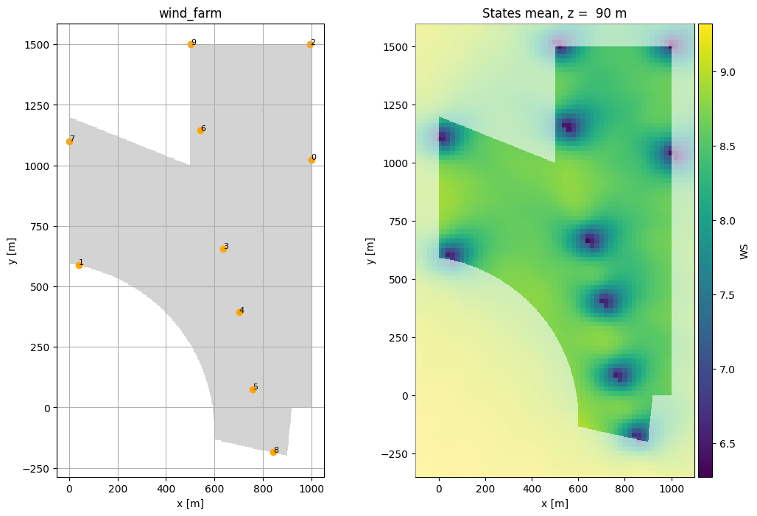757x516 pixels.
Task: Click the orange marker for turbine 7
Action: (x=69, y=141)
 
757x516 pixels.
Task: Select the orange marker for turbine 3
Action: (x=223, y=249)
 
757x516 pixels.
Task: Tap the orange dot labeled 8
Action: (x=273, y=452)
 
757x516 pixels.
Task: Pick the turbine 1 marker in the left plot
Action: (x=79, y=265)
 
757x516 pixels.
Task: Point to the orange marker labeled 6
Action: (x=200, y=130)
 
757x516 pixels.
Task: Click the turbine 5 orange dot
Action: (x=253, y=389)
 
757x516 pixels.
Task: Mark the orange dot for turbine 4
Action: (x=239, y=312)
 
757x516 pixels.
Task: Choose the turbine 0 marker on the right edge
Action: (x=311, y=160)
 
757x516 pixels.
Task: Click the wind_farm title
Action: (x=190, y=13)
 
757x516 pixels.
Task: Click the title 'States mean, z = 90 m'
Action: (x=554, y=13)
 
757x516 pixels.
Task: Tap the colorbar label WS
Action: (x=744, y=251)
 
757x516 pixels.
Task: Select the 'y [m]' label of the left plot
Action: (x=13, y=251)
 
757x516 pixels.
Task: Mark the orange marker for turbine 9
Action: (x=191, y=44)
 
